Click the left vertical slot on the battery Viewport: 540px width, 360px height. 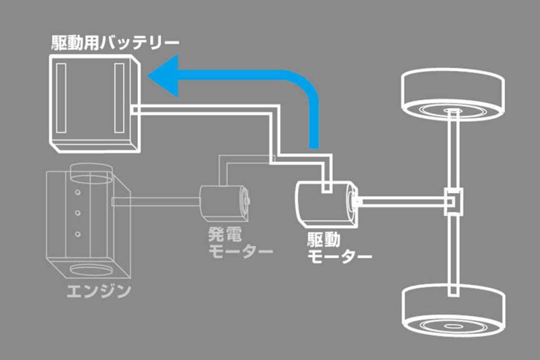coord(61,98)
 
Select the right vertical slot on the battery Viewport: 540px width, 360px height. coord(119,98)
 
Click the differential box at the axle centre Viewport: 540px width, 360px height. coord(452,201)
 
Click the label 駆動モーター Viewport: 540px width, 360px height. coord(337,248)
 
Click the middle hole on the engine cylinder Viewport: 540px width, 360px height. coord(78,213)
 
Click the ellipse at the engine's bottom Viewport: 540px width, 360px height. coord(90,270)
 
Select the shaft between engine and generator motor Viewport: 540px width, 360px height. coord(156,200)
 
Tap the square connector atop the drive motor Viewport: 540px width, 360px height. coord(326,186)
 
